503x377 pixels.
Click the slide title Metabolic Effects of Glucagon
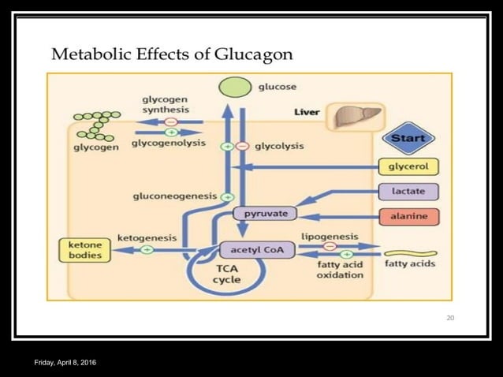point(172,54)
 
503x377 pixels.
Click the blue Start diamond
point(408,138)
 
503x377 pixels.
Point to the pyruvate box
point(265,214)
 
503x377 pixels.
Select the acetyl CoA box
point(257,250)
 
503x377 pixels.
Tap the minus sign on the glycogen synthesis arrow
point(171,121)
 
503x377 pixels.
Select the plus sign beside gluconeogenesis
point(227,196)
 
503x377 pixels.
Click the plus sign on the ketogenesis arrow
point(146,250)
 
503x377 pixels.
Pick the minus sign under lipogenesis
point(330,246)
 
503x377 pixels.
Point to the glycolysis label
point(279,146)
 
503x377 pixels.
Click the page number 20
point(450,318)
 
